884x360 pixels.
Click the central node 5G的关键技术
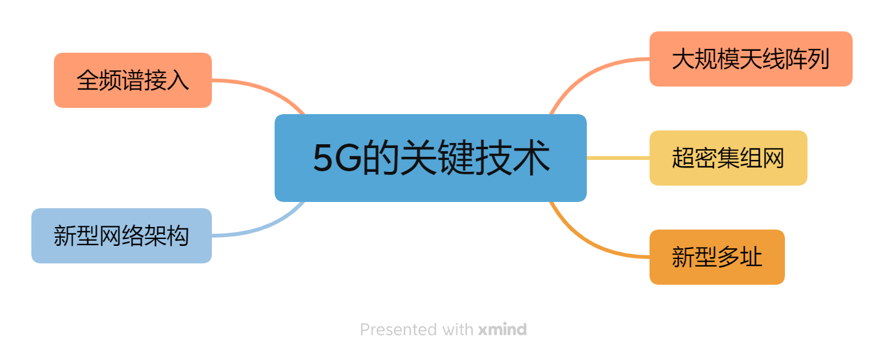point(430,158)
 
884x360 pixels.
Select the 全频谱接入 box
point(132,80)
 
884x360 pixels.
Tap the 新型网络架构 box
point(121,236)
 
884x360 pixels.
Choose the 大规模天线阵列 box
point(750,59)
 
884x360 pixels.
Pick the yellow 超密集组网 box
point(728,158)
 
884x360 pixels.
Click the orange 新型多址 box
point(717,257)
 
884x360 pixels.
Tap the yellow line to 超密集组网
point(618,158)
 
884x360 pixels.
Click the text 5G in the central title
point(337,159)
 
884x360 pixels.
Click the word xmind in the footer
point(502,329)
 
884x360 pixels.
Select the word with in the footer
point(458,329)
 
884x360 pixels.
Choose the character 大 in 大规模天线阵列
point(683,60)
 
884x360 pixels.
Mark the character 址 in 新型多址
point(751,258)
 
